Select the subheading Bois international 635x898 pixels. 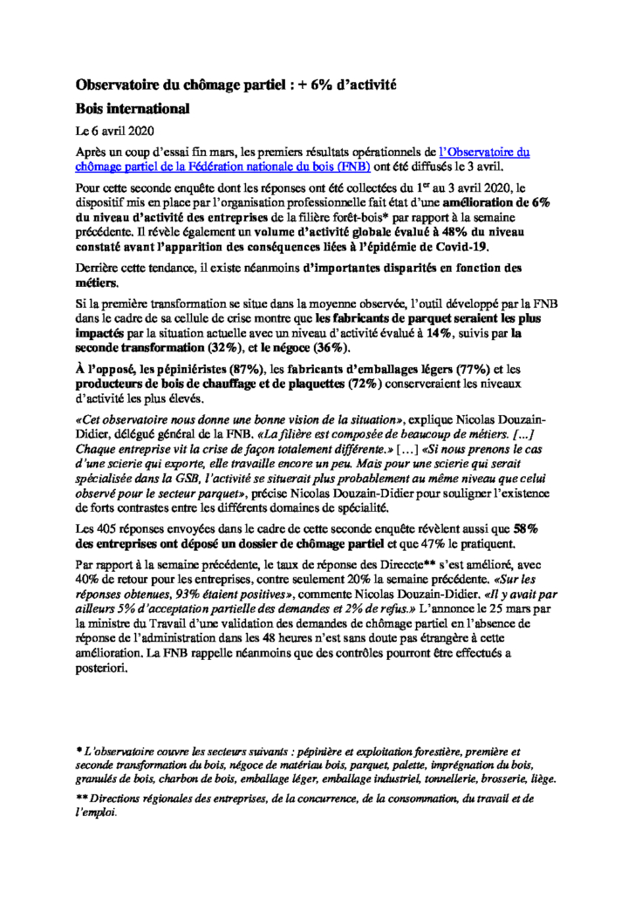click(133, 109)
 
